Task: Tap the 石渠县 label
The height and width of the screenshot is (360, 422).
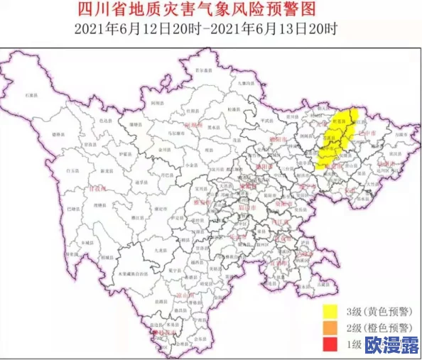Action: pyautogui.click(x=31, y=94)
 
